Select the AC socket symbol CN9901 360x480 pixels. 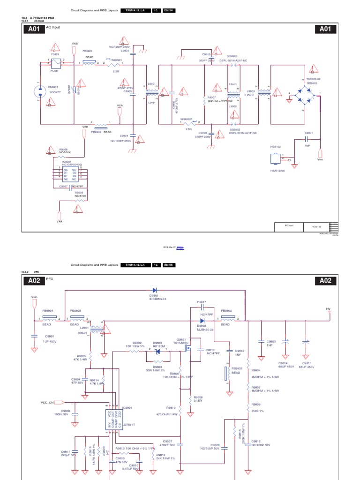tap(38, 92)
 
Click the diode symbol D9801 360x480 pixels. tap(154, 290)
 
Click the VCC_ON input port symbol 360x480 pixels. tap(60, 402)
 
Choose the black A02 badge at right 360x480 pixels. tap(325, 281)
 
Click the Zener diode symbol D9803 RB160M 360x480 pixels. tap(157, 352)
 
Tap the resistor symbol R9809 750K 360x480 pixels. tap(248, 410)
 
